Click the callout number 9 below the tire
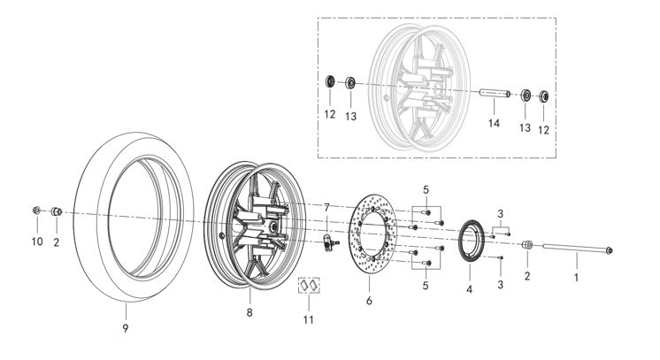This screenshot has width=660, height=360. [126, 328]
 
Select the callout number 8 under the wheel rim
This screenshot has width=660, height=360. [249, 313]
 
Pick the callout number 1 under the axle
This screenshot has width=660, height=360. [576, 278]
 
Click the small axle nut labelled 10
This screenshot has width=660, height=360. [35, 211]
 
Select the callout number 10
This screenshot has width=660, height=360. [36, 241]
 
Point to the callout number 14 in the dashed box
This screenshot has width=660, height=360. [494, 123]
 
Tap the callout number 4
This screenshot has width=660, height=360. [469, 288]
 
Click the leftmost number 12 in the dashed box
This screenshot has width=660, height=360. [329, 115]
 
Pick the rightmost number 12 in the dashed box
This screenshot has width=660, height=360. [544, 129]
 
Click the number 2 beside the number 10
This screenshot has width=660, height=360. [56, 241]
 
